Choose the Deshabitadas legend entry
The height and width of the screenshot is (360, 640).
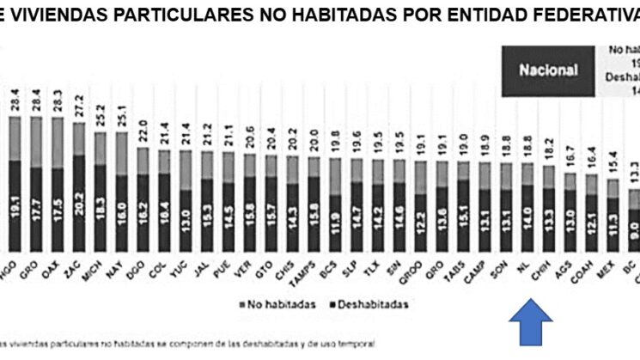tap(365, 303)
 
